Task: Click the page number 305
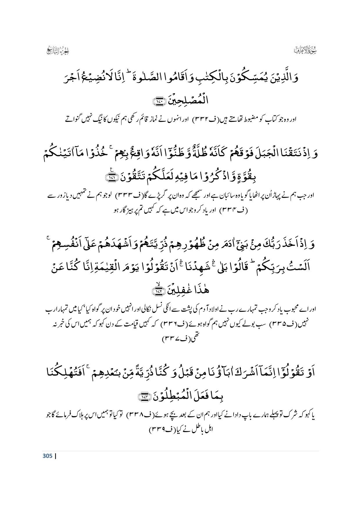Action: (47, 456)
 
